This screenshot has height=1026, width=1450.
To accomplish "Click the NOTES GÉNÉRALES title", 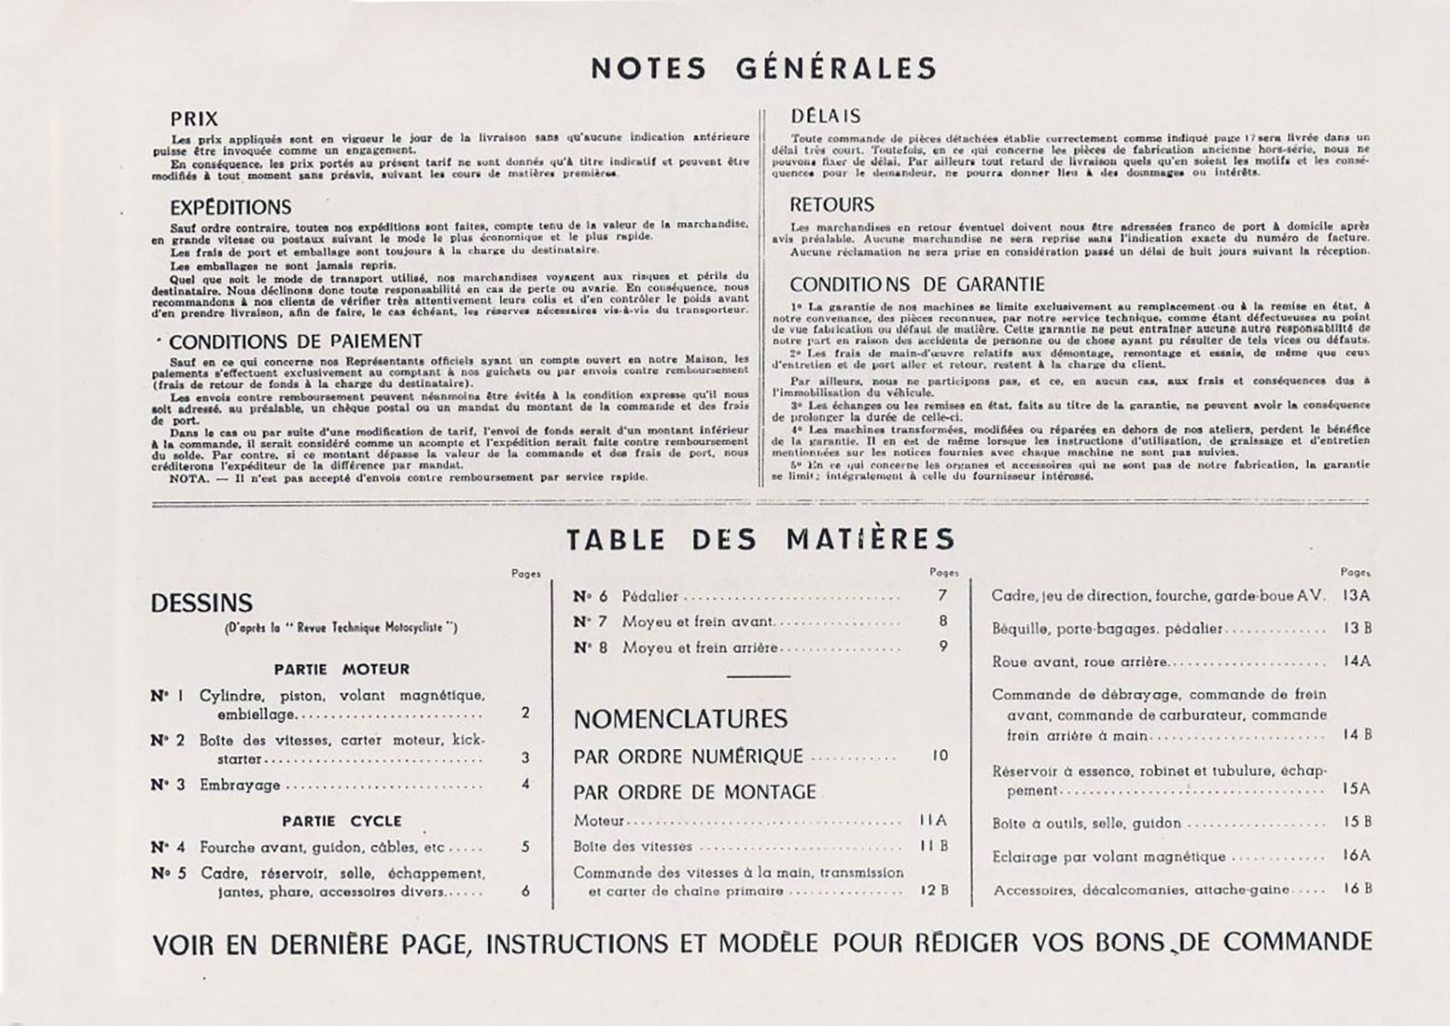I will (x=763, y=68).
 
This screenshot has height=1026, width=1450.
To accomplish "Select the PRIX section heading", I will (x=194, y=119).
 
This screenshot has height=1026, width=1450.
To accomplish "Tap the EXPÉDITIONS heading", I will (x=230, y=207).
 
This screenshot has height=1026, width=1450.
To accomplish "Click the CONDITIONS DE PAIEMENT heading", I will (x=295, y=341).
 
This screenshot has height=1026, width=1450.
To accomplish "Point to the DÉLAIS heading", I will (x=825, y=115).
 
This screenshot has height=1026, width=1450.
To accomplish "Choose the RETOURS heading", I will (x=832, y=204).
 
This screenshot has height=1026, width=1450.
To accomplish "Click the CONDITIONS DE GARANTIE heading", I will (x=917, y=284).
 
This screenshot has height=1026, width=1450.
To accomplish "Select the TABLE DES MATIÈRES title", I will (x=760, y=540).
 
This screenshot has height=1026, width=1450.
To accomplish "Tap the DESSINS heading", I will (x=202, y=603).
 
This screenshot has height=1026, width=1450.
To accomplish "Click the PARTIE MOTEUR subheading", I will (x=341, y=669).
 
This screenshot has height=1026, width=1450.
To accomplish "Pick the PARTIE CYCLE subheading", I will (x=341, y=821).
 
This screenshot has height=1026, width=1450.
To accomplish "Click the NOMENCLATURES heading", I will (x=680, y=719).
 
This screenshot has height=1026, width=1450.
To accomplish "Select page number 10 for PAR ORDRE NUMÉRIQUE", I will (x=940, y=756).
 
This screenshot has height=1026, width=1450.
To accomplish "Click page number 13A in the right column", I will (x=1357, y=595).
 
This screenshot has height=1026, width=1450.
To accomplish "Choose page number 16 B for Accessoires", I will (x=1357, y=888).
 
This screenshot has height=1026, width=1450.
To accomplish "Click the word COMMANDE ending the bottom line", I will (x=1297, y=942).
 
